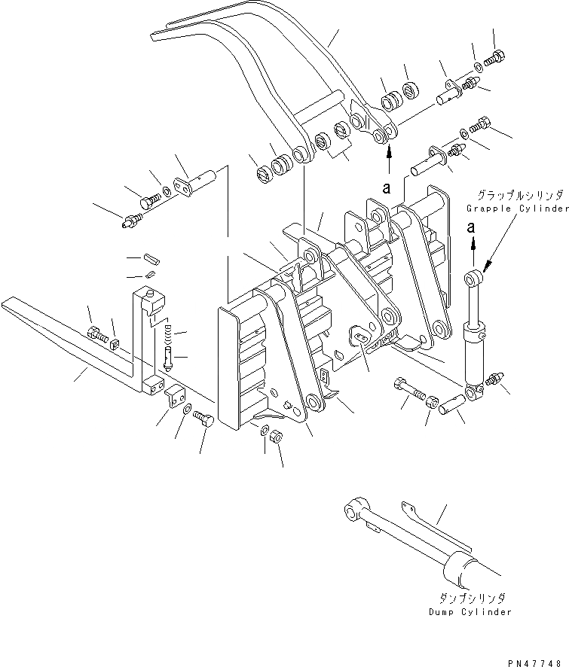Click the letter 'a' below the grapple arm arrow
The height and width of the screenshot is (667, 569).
point(387,188)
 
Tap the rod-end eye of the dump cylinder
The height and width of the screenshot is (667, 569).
point(353,513)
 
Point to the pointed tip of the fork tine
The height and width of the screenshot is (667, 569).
point(8,303)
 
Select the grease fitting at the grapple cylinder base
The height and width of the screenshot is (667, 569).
point(494,379)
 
